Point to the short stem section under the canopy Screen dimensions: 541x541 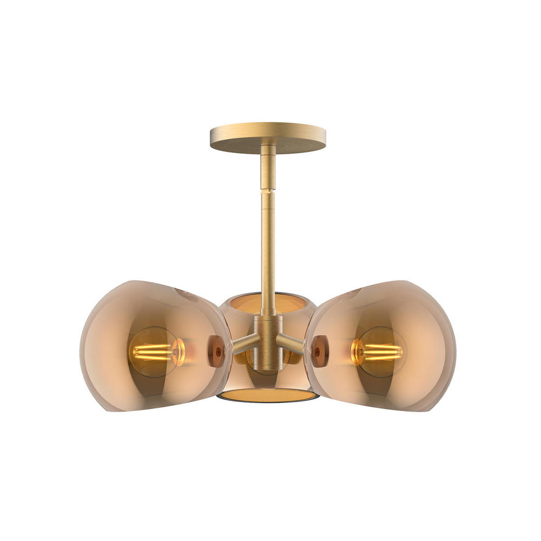coord(268,168)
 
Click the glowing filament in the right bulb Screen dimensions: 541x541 coord(381,352)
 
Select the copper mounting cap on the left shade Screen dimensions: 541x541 coord(216,351)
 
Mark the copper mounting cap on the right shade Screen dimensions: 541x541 coord(320,351)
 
